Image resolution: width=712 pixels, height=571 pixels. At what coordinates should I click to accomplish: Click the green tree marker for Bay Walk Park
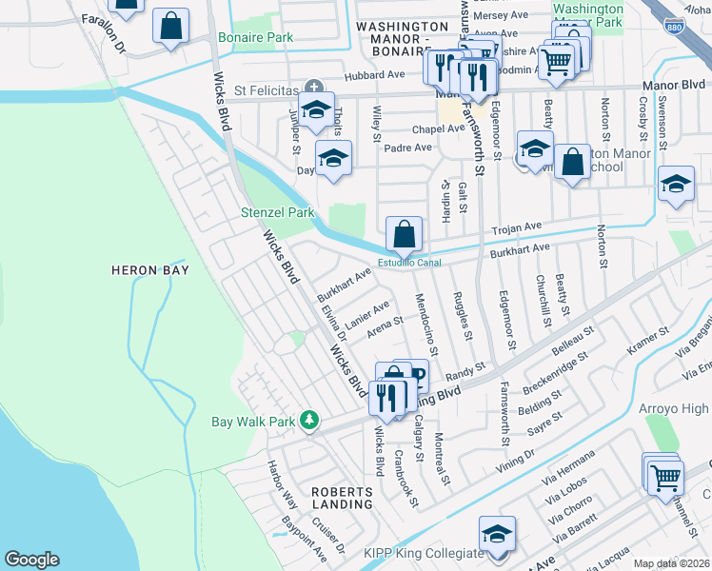point(308,420)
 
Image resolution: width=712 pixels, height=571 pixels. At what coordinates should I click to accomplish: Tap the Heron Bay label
point(150,270)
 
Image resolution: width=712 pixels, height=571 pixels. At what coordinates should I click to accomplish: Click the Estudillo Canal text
point(410,264)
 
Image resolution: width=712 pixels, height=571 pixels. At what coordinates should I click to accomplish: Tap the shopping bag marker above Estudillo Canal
point(404,232)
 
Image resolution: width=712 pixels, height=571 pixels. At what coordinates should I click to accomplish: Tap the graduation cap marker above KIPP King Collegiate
point(497,533)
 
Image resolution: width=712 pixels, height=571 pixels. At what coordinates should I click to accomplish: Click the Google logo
point(32,560)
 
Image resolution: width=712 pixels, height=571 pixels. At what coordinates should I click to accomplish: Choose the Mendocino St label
point(425,324)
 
